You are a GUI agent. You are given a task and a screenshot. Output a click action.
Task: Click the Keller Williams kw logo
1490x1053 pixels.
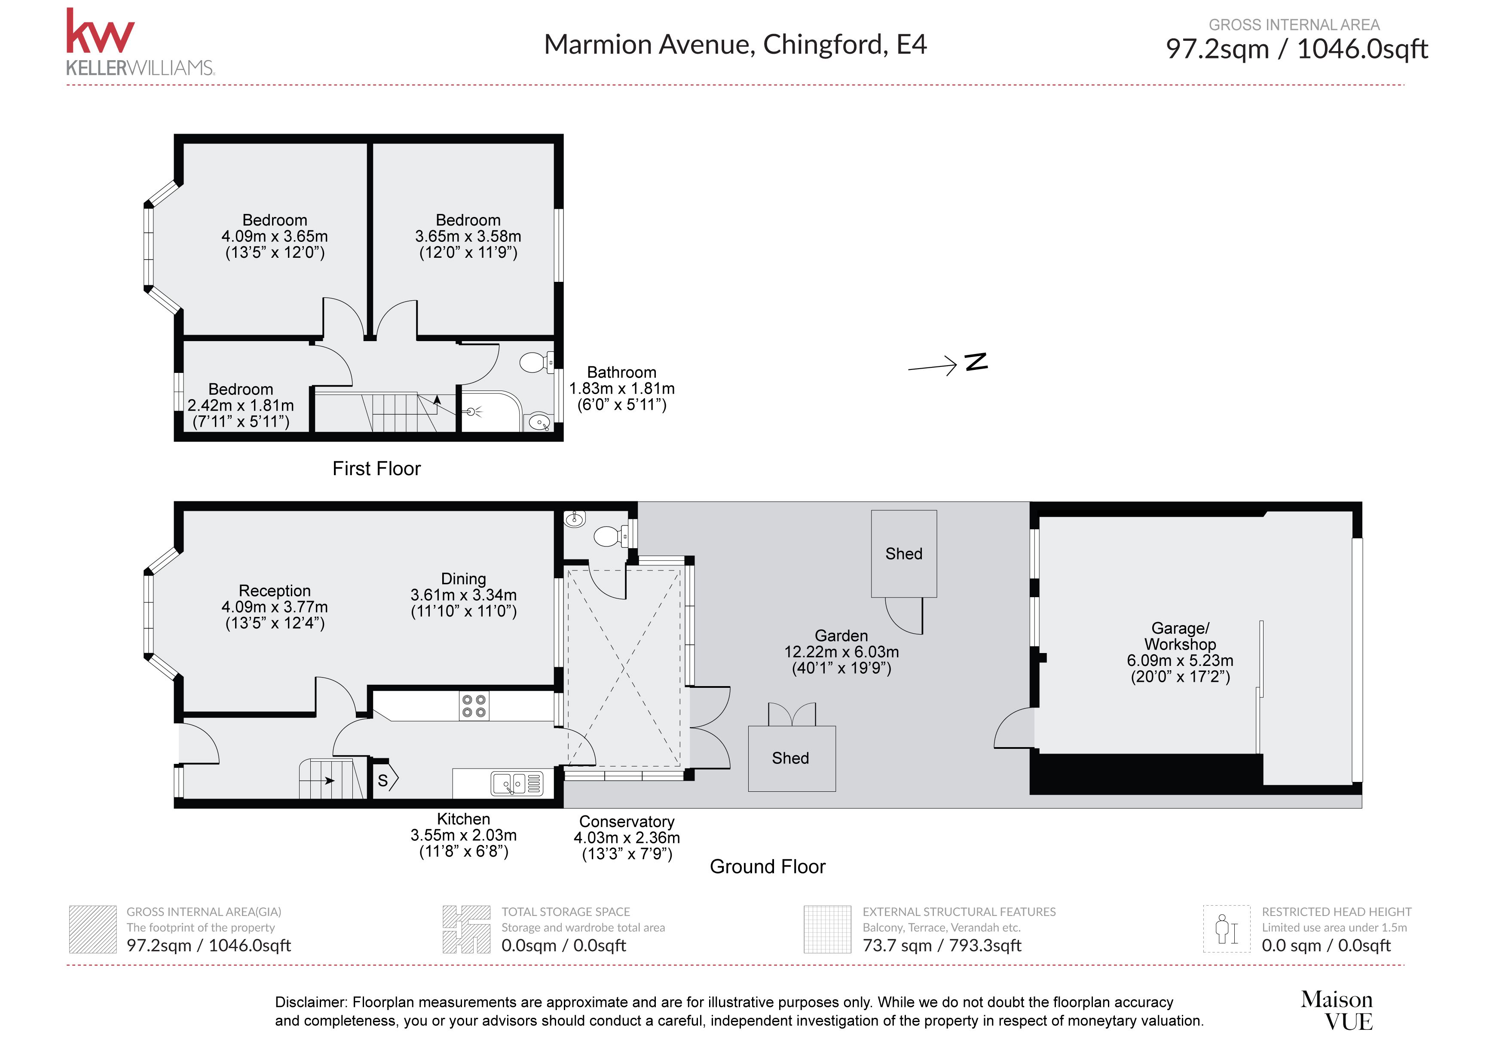tap(101, 33)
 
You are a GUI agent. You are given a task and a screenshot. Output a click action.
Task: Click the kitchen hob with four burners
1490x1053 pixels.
tap(474, 706)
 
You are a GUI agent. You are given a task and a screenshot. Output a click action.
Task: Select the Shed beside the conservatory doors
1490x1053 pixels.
tap(791, 758)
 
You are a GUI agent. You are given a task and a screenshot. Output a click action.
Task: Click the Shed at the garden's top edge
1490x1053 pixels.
tap(903, 553)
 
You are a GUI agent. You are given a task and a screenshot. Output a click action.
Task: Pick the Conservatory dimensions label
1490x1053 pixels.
tap(626, 838)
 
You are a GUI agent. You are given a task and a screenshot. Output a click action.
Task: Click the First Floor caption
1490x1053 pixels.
tap(376, 468)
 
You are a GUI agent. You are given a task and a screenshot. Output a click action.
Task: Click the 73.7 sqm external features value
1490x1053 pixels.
tap(941, 945)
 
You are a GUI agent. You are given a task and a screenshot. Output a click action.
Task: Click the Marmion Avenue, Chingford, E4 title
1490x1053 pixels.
tap(734, 45)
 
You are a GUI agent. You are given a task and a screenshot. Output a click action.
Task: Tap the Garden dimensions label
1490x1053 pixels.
tap(841, 651)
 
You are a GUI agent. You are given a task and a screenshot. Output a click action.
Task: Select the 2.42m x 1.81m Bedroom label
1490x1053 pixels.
tap(241, 406)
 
